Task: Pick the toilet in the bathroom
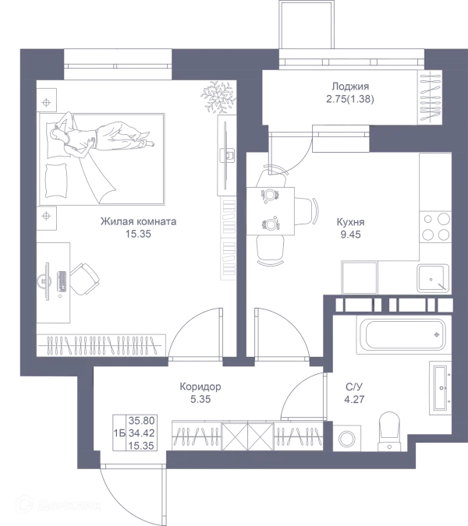[387, 432]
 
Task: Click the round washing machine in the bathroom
[346, 437]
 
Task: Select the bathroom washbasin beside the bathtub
[440, 383]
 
